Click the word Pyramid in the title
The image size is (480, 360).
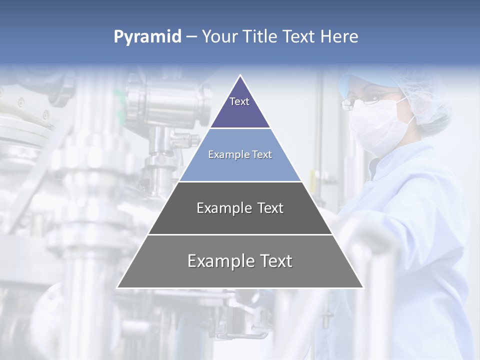(x=147, y=37)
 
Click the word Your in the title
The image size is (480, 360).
(x=220, y=37)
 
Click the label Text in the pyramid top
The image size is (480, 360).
(x=239, y=101)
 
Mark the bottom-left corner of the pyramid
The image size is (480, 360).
(x=117, y=287)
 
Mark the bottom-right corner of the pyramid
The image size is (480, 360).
(x=363, y=287)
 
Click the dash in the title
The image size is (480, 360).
(x=191, y=37)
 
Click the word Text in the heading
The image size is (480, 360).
(x=299, y=37)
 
